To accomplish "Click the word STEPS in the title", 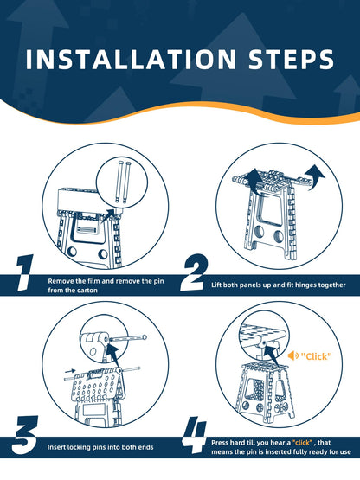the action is tap(291, 59).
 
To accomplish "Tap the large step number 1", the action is tap(24, 272).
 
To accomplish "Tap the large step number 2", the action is tap(195, 272).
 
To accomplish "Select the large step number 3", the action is tap(24, 435).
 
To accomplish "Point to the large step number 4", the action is tap(195, 435).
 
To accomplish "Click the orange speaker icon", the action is tap(292, 355).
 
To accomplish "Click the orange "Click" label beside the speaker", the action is tap(316, 356).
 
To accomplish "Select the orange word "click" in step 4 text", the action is tap(302, 442).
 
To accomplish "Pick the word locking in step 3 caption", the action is tap(78, 447).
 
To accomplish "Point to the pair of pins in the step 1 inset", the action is tap(122, 182).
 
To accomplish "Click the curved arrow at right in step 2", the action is tap(316, 177).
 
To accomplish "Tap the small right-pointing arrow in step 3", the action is tap(70, 371).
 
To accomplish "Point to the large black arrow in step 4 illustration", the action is tap(272, 355).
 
